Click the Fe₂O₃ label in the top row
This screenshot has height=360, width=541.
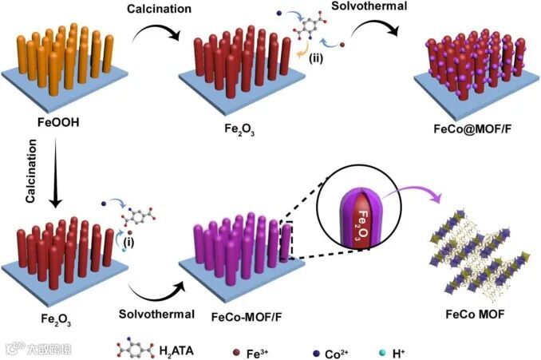(232, 125)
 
